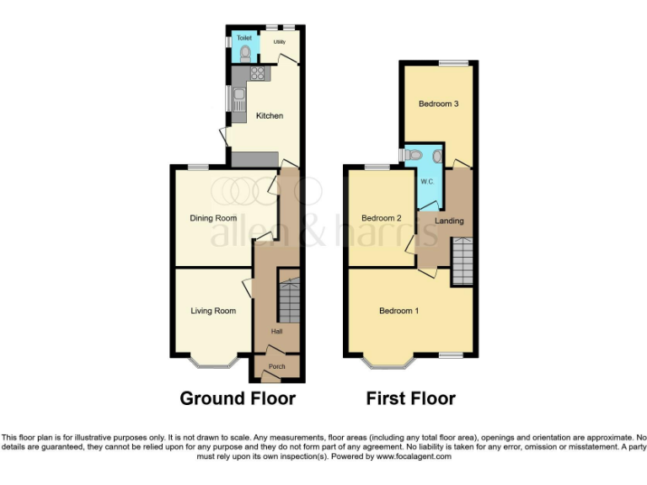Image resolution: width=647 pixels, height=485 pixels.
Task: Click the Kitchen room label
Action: pos(270,115)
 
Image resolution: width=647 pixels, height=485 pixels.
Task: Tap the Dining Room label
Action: pos(212,218)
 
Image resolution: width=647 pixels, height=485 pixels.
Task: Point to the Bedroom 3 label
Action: pos(438,104)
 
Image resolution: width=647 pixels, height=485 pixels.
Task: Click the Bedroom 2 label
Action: pos(381,218)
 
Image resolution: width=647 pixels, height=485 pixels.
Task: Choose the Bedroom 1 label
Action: pos(398,311)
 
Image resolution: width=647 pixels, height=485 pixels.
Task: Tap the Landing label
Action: pos(449,221)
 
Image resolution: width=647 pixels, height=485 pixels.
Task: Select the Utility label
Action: pos(280,40)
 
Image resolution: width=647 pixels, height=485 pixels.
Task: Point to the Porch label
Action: pos(276,367)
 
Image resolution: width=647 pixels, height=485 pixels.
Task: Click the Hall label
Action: pos(276,332)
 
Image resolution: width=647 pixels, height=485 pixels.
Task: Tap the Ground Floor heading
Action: pos(238,398)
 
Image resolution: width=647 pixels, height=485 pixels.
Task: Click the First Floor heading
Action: pos(410,398)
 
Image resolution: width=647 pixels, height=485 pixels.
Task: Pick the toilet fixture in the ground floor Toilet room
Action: pos(244,53)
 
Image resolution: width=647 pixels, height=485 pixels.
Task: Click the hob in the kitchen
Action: pos(258,73)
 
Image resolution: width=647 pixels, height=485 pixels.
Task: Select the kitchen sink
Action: pos(239,96)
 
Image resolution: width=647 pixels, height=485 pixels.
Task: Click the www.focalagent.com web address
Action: pos(414,457)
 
